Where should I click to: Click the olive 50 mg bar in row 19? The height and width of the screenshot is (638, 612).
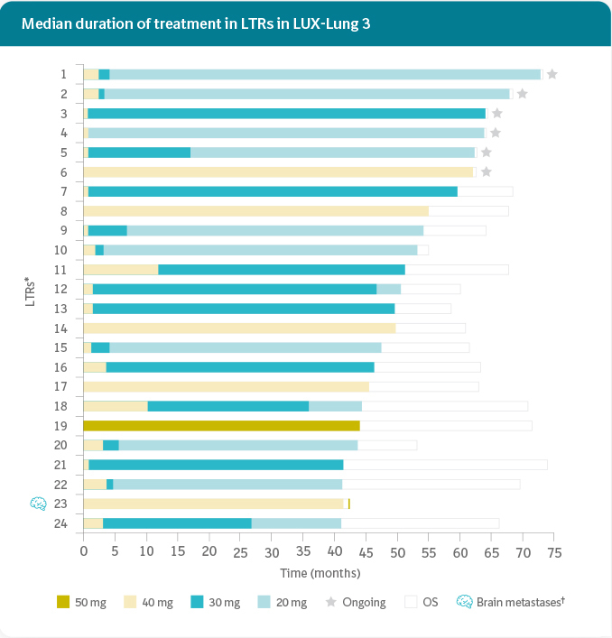click(221, 425)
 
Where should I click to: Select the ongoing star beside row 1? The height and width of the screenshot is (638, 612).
click(552, 74)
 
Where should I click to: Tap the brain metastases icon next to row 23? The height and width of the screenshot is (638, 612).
click(38, 504)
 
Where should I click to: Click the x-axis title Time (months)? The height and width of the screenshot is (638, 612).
click(320, 573)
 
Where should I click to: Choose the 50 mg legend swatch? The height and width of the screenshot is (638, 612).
click(62, 602)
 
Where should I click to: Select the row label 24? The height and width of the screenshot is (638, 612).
click(61, 523)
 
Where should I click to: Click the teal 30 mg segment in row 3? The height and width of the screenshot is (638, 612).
click(286, 114)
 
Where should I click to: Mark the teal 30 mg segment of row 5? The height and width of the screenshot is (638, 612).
click(139, 153)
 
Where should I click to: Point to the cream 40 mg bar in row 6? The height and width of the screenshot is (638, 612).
click(278, 171)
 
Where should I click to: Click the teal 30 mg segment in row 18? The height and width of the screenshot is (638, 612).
click(227, 406)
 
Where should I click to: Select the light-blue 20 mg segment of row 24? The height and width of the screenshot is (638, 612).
click(296, 523)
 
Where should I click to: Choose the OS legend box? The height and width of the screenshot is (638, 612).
click(411, 602)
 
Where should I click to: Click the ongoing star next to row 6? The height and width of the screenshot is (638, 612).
click(487, 171)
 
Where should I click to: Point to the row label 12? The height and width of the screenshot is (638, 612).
click(61, 289)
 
